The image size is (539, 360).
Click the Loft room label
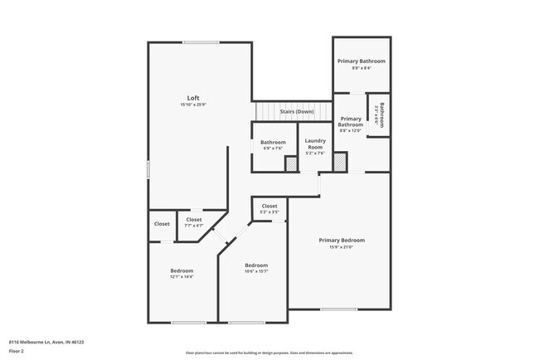192,98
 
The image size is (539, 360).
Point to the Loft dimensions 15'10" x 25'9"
192,105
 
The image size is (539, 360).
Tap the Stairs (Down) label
296,111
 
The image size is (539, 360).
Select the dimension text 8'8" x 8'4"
362,69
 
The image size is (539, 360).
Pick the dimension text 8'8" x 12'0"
351,130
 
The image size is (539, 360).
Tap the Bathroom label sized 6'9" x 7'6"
273,142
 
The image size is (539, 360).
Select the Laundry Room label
315,143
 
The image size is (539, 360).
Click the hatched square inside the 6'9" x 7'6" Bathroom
291,164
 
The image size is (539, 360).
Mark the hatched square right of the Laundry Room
340,163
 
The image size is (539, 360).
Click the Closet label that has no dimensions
162,223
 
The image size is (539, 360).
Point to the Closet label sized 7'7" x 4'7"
193,220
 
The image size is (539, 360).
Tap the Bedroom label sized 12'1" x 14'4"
182,271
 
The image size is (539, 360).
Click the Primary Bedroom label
342,240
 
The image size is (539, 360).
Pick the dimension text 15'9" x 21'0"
342,246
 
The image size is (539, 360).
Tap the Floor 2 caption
17,351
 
